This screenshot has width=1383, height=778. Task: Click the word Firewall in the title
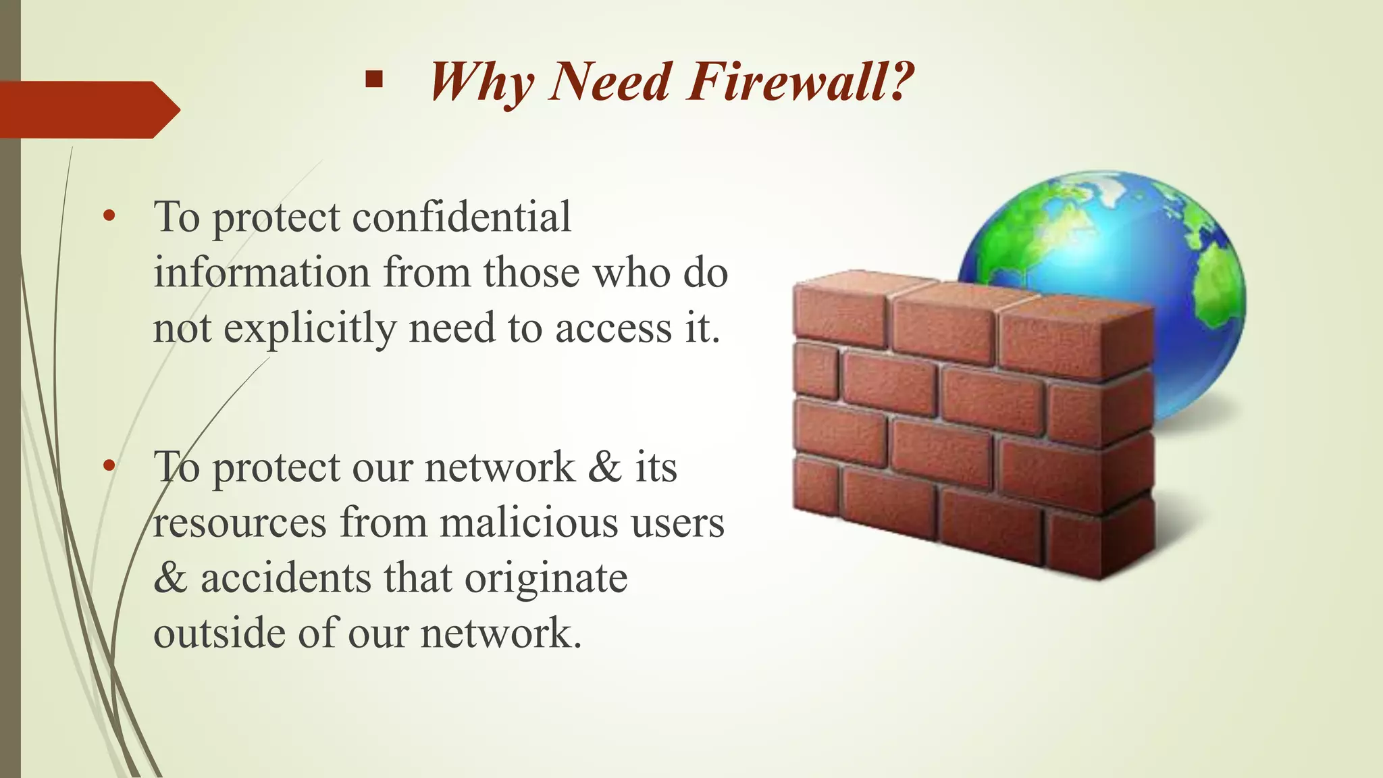click(800, 82)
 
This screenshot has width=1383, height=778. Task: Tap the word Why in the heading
click(481, 83)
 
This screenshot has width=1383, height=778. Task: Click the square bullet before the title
click(373, 81)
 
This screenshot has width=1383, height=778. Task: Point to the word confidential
click(461, 217)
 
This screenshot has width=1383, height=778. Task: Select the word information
click(262, 272)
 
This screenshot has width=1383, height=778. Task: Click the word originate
click(546, 579)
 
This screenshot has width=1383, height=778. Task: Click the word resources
click(240, 524)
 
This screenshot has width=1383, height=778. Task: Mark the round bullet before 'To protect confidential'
click(109, 216)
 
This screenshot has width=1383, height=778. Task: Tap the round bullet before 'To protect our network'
click(109, 466)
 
